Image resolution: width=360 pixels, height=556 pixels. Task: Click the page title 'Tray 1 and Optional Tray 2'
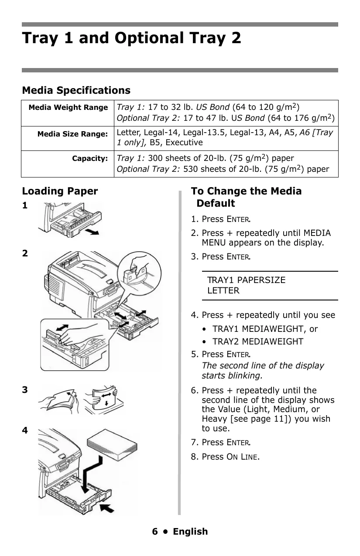point(131,38)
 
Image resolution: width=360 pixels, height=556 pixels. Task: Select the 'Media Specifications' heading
point(76,90)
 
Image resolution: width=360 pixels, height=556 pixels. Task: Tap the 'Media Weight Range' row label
point(68,107)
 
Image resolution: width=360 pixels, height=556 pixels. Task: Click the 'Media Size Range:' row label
point(72,134)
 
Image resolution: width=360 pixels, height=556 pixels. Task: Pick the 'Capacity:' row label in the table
point(90,159)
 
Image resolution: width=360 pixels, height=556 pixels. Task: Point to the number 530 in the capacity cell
point(190,169)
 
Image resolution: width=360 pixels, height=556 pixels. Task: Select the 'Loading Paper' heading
point(60,191)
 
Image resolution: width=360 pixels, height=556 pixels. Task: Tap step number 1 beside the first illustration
point(25,205)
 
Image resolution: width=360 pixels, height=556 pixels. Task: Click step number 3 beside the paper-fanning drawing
point(25,390)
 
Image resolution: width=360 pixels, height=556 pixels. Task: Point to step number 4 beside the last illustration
point(25,430)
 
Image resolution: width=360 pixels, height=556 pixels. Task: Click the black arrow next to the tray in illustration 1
point(92,231)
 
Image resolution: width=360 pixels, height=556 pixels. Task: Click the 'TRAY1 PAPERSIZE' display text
point(246,280)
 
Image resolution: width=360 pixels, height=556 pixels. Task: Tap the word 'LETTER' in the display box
point(223,291)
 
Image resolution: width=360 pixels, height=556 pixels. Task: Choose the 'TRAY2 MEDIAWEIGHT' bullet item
point(257,342)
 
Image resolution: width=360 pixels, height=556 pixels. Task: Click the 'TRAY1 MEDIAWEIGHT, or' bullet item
point(265,329)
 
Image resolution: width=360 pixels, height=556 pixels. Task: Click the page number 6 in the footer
point(155,532)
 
